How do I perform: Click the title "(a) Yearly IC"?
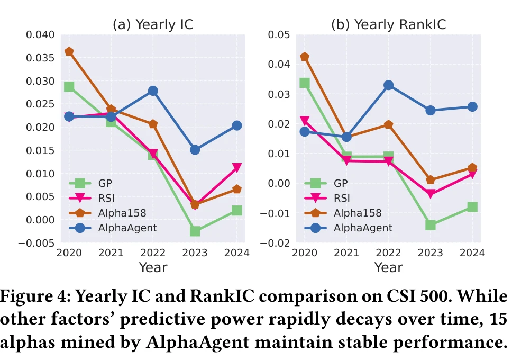coord(153,24)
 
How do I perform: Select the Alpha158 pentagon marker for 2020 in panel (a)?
coord(69,52)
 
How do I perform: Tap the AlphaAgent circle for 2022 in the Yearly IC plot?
coord(153,91)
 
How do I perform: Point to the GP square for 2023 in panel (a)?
coord(195,231)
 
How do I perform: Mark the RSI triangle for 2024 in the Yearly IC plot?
coord(236,168)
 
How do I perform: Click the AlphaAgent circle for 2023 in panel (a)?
coord(195,150)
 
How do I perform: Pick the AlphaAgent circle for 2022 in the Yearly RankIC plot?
coord(388,85)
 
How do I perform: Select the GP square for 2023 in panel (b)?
coord(430,225)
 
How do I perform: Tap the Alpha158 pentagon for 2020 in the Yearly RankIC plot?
coord(304,57)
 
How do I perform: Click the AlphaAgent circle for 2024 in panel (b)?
coord(472,106)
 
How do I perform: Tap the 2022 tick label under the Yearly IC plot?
coord(153,253)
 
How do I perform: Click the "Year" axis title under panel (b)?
coord(388,267)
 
